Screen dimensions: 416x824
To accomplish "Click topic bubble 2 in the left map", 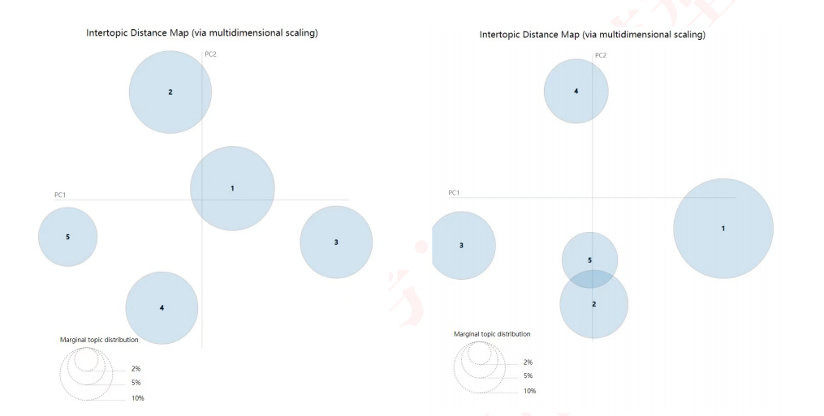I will [x=170, y=92].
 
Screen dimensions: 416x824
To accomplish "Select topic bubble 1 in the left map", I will [x=232, y=188].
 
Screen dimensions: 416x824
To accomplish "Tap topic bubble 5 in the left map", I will [x=68, y=237].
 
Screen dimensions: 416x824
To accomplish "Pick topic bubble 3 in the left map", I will [x=336, y=242].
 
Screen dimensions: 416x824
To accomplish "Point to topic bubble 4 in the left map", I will [x=162, y=307].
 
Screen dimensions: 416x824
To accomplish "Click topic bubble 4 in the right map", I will [x=576, y=91].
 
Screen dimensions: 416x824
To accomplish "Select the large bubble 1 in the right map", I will [x=723, y=228].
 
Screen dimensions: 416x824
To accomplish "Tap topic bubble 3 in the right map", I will [x=462, y=245].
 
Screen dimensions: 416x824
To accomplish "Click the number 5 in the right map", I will [x=590, y=259].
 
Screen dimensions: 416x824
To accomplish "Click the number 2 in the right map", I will [x=594, y=304].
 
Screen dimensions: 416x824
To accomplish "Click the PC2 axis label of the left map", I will [x=210, y=54].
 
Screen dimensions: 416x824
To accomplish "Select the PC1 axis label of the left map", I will [x=60, y=195].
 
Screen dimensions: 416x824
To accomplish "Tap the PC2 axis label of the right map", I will [x=601, y=55].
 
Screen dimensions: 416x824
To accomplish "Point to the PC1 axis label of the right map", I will [x=454, y=192].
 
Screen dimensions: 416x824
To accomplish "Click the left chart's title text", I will [x=201, y=33].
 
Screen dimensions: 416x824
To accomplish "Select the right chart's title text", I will [x=593, y=35].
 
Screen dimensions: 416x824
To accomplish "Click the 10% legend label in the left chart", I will [x=138, y=398].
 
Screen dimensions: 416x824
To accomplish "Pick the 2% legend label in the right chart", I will [x=528, y=362].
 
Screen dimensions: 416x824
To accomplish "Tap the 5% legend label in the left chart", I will [x=136, y=383].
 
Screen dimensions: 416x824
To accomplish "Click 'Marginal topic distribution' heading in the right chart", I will [x=492, y=334].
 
